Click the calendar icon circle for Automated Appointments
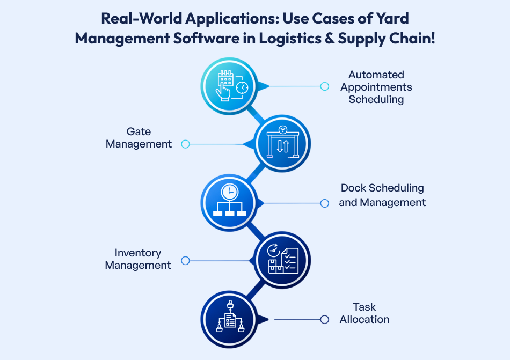coord(229,86)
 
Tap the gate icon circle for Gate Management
coord(282,144)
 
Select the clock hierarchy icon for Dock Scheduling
coord(229,203)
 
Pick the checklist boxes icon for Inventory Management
coord(282,260)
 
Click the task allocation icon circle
coord(229,319)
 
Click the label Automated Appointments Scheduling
coord(376,87)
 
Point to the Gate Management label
coord(139,138)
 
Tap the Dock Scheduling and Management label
coord(382,195)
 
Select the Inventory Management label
coord(138,259)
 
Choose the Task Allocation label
coord(365,313)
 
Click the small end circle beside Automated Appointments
coord(324,86)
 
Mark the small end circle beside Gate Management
coord(185,144)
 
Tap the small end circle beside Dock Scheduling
coord(324,203)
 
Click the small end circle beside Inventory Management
coord(185,261)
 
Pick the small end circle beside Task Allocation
coord(324,319)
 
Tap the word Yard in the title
coord(392,19)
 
